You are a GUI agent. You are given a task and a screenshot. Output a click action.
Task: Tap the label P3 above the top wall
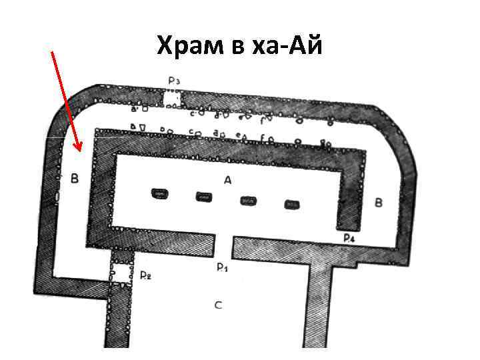[174, 81]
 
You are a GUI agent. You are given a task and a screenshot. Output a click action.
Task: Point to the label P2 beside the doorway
[145, 275]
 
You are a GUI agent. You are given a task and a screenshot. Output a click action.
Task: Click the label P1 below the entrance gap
[222, 267]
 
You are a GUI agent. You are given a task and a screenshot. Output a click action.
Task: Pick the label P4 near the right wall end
[348, 237]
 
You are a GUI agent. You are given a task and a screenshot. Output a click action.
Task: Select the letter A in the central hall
[227, 179]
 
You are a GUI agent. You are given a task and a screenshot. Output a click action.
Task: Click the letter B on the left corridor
[74, 179]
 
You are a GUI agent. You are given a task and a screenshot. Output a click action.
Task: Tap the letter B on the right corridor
[379, 202]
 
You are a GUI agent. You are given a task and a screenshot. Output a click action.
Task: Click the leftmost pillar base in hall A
[160, 194]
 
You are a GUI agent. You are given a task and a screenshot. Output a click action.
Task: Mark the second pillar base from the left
[204, 197]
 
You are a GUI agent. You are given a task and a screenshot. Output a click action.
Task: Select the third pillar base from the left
[247, 200]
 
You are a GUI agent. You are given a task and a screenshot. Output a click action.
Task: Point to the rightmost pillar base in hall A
[291, 204]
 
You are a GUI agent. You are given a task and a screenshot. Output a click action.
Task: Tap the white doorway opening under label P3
[172, 99]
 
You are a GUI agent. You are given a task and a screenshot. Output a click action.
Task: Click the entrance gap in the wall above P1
[225, 246]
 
